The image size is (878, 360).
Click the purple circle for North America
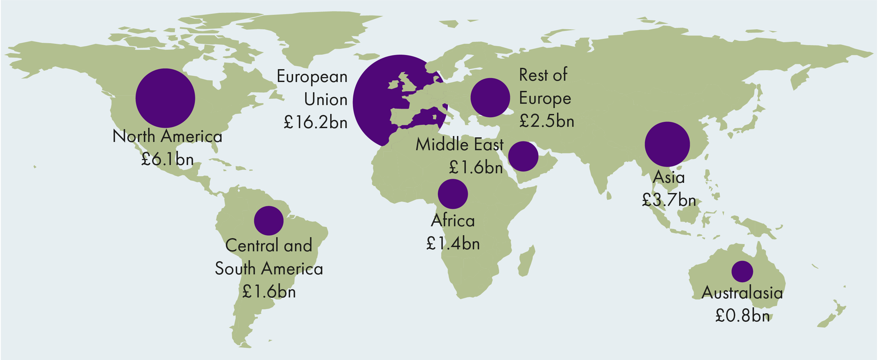pyautogui.click(x=165, y=98)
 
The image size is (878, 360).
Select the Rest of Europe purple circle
pyautogui.click(x=490, y=97)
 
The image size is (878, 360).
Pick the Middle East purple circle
pyautogui.click(x=523, y=156)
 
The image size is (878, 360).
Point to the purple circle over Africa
pyautogui.click(x=453, y=194)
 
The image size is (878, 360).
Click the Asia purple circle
pyautogui.click(x=667, y=144)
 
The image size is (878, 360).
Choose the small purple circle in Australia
pyautogui.click(x=742, y=271)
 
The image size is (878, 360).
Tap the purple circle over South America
pyautogui.click(x=269, y=221)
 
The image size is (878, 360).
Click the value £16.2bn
pyautogui.click(x=315, y=123)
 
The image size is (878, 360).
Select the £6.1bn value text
pyautogui.click(x=167, y=159)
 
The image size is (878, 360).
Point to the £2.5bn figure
pyautogui.click(x=546, y=121)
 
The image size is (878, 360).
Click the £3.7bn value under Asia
pyautogui.click(x=668, y=200)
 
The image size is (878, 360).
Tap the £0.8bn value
pyautogui.click(x=742, y=316)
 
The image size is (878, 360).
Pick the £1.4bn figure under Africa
pyautogui.click(x=453, y=243)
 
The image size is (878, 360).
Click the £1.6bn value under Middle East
pyautogui.click(x=475, y=167)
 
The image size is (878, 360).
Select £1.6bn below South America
pyautogui.click(x=269, y=291)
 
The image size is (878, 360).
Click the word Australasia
pyautogui.click(x=742, y=293)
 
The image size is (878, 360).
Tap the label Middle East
pyautogui.click(x=459, y=145)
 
